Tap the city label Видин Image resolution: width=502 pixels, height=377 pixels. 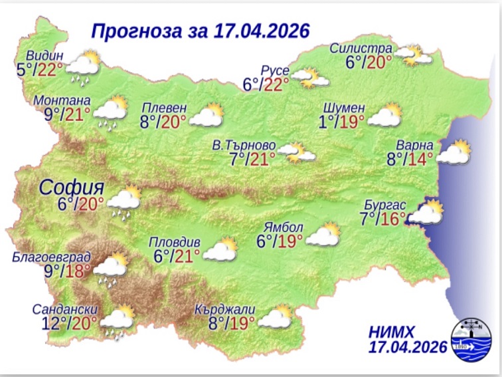46,55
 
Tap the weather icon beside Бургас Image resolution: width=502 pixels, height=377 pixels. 426,213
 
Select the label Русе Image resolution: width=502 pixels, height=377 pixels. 275,70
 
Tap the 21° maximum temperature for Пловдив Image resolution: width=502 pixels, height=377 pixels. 187,255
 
